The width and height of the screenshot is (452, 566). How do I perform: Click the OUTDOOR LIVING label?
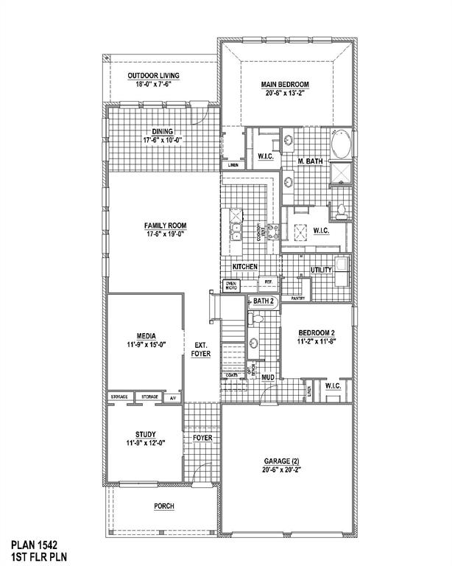153,76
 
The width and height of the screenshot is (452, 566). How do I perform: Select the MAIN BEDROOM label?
284,84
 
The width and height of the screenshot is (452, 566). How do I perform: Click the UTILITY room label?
322,270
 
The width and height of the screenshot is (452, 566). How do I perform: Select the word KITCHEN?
244,266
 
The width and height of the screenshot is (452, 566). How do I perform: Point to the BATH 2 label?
263,301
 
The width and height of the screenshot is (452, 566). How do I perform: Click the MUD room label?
268,377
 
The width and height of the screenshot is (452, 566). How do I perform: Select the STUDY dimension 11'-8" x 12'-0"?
145,444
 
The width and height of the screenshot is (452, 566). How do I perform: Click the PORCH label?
164,506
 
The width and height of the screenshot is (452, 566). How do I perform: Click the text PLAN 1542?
36,546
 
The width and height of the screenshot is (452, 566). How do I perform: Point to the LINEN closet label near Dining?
233,164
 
